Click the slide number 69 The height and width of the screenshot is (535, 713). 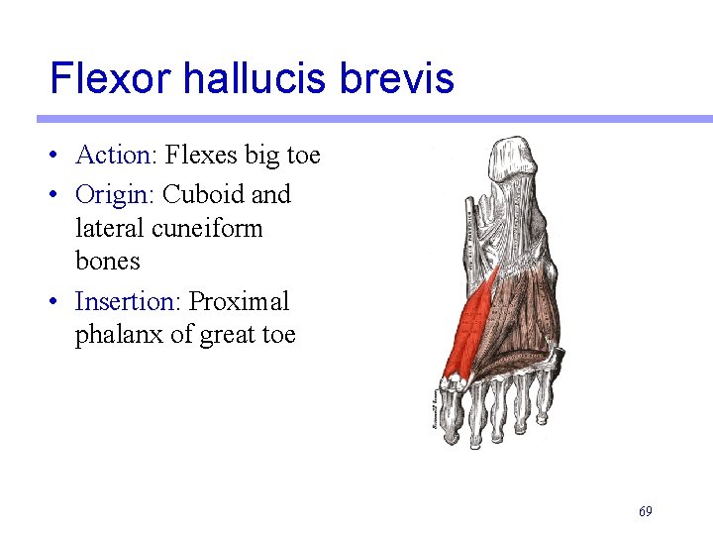(x=645, y=511)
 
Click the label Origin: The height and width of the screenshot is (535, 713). (x=115, y=195)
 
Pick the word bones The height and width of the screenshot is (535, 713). (x=107, y=262)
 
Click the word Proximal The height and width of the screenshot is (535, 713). (x=239, y=301)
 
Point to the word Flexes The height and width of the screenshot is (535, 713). (x=201, y=156)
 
